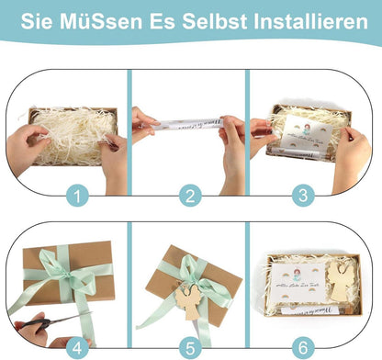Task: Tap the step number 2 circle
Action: pos(189,194)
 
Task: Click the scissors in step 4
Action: pos(46,322)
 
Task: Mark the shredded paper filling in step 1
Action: pos(69,129)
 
